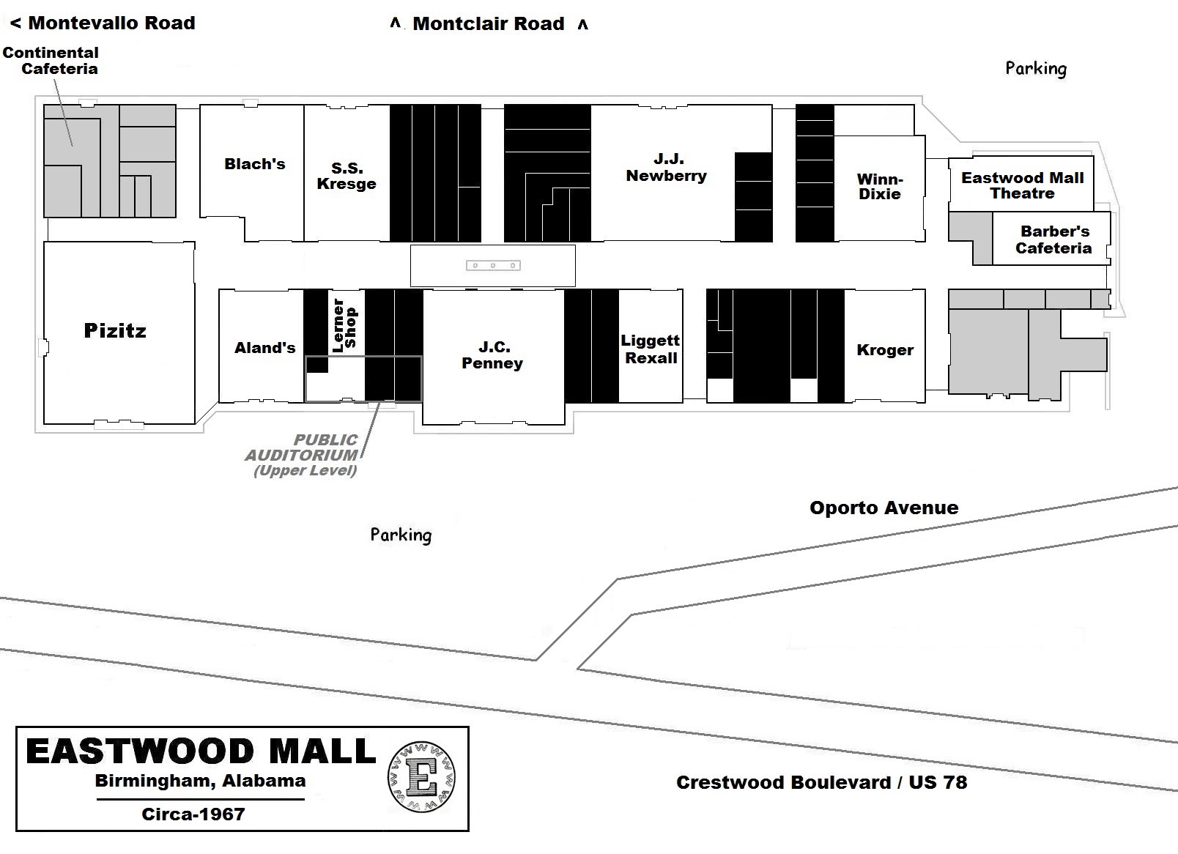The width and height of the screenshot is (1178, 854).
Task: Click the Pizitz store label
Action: (115, 330)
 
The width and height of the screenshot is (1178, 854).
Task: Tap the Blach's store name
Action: (254, 164)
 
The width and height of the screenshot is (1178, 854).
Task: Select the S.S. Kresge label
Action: (347, 177)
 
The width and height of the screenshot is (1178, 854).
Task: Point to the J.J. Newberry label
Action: (666, 168)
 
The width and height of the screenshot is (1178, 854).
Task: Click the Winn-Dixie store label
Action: (879, 187)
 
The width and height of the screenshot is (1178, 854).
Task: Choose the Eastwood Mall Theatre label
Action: (1022, 185)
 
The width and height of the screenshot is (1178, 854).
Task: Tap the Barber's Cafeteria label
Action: (1053, 240)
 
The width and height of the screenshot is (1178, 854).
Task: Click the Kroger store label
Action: (885, 350)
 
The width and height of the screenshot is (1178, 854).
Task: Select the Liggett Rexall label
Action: (651, 349)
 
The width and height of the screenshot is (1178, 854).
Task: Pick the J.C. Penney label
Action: (492, 355)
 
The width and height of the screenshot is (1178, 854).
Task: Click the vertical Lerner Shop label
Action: (344, 325)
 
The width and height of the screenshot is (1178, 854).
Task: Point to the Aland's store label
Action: (264, 348)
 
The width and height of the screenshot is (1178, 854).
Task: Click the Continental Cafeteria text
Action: (51, 61)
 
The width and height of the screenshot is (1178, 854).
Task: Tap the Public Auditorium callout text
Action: (303, 455)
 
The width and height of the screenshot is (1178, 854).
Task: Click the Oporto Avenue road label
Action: (883, 508)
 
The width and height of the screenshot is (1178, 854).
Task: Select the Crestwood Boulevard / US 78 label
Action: (821, 782)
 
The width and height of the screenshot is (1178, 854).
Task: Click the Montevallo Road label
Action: (103, 23)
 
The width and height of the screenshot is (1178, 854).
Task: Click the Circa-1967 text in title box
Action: (193, 814)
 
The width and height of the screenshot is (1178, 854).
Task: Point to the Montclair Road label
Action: (489, 23)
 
